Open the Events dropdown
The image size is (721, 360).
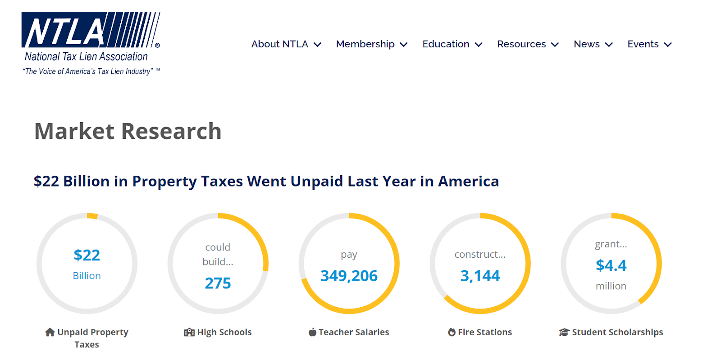tap(643, 44)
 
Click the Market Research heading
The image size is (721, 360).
tap(128, 131)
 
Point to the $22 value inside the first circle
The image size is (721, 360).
tap(87, 255)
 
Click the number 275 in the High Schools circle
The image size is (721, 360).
tap(218, 283)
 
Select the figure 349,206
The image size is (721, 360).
tap(349, 276)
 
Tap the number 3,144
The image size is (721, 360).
tap(480, 276)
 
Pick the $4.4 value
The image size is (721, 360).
tap(611, 265)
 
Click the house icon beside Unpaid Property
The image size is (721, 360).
tap(50, 332)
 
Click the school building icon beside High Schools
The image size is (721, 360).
tap(189, 333)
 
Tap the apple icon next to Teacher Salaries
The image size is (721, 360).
tap(312, 332)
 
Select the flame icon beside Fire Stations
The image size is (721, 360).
tap(452, 332)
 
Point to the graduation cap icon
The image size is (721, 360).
tap(564, 332)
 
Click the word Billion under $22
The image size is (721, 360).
tap(87, 276)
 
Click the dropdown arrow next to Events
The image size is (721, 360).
tap(668, 45)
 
